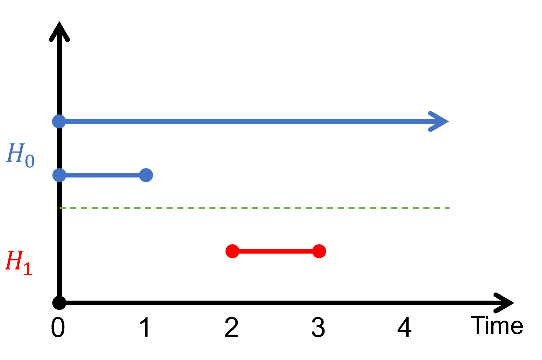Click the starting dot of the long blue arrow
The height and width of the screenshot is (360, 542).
tap(59, 121)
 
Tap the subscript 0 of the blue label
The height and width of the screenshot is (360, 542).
tap(30, 161)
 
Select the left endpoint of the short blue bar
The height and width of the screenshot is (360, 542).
tap(59, 175)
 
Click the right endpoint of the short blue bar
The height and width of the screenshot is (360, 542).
tap(146, 175)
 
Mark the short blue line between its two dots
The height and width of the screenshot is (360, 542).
tap(103, 175)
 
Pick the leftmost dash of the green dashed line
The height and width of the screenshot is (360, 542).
tap(62, 208)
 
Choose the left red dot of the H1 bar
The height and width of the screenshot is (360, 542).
tap(232, 251)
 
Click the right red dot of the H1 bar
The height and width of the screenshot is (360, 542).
tap(319, 251)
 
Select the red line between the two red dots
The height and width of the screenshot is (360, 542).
tap(276, 251)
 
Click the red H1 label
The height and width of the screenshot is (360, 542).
tap(19, 263)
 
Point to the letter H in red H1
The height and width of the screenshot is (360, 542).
tap(14, 261)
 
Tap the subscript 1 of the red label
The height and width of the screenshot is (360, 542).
tap(28, 269)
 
